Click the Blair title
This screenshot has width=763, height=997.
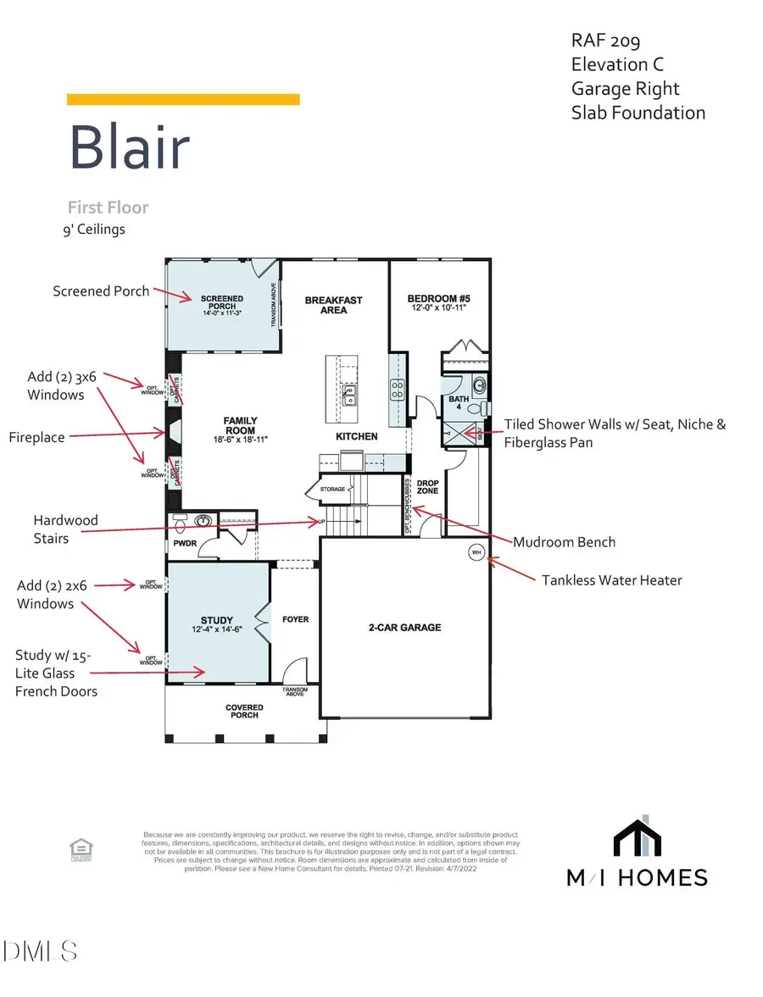point(129,147)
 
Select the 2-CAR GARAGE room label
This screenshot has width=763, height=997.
point(404,628)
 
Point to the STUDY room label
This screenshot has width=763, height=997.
point(217,620)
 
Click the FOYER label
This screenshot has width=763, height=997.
point(295,619)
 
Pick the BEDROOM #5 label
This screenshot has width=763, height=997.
point(438,299)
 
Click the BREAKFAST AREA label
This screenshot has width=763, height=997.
point(334,305)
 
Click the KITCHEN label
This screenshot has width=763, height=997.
point(357,436)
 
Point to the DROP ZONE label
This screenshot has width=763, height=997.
point(428,486)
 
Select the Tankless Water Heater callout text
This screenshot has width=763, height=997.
point(612,580)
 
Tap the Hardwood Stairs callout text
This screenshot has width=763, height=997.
point(65,528)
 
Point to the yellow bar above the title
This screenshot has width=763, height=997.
point(183,100)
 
